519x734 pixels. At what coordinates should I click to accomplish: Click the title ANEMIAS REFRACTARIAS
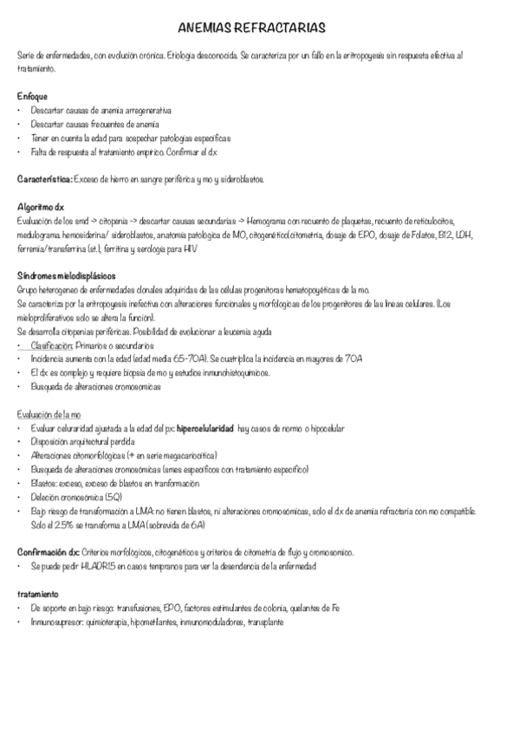click(259, 29)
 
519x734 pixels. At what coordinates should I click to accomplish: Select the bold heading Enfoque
click(33, 95)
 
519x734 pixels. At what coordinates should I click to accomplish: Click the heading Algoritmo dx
click(41, 209)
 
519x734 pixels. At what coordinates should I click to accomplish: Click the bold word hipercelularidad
click(199, 428)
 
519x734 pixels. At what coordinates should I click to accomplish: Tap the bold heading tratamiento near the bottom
click(38, 595)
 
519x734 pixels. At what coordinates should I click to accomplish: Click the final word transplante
click(265, 621)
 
